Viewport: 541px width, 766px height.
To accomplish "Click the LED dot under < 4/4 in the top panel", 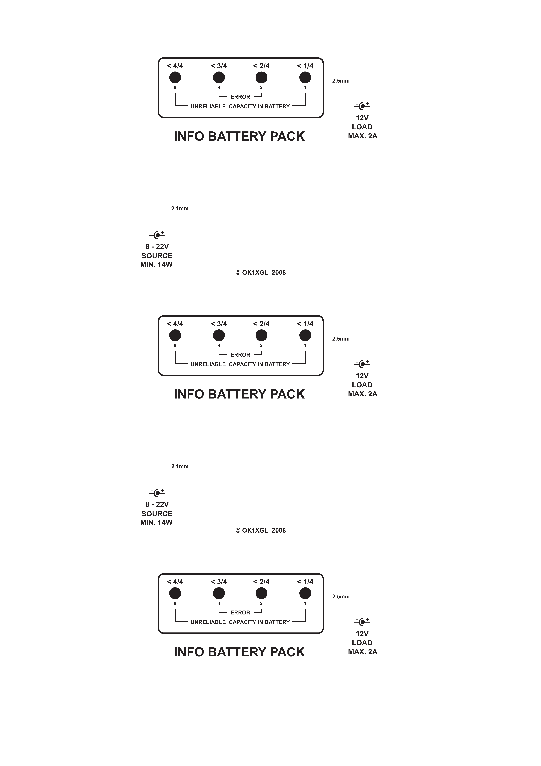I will tap(175, 77).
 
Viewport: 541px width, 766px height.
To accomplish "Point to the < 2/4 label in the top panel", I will tap(261, 66).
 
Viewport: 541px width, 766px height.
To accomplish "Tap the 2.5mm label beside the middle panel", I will tap(341, 339).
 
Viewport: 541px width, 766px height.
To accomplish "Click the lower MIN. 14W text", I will tap(156, 522).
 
